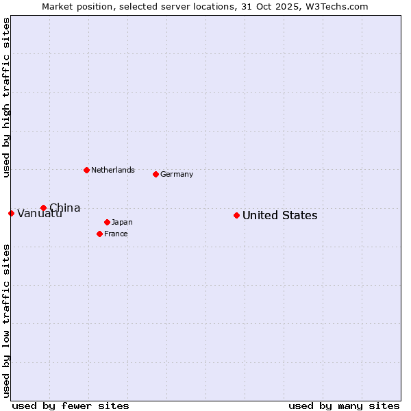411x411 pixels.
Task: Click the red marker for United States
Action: tap(236, 215)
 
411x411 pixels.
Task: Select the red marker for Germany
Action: tap(155, 174)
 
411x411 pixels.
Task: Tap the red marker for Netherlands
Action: tap(86, 170)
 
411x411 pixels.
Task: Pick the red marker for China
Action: tap(43, 208)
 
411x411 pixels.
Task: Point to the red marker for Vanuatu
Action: tap(11, 213)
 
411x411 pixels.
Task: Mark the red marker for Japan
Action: tap(107, 222)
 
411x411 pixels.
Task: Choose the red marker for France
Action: tap(99, 234)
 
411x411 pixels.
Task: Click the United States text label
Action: tap(279, 216)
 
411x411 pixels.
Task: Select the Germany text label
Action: tap(177, 175)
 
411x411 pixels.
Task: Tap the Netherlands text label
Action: tap(112, 170)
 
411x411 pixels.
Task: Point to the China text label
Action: tap(64, 208)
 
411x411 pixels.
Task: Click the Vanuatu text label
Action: tap(40, 214)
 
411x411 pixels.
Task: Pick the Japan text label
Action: tap(122, 223)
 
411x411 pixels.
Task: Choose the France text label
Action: tap(116, 234)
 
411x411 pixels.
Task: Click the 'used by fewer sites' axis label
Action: tap(71, 406)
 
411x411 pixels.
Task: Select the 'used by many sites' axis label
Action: tap(344, 406)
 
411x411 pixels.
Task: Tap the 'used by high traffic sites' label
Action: tap(6, 97)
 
